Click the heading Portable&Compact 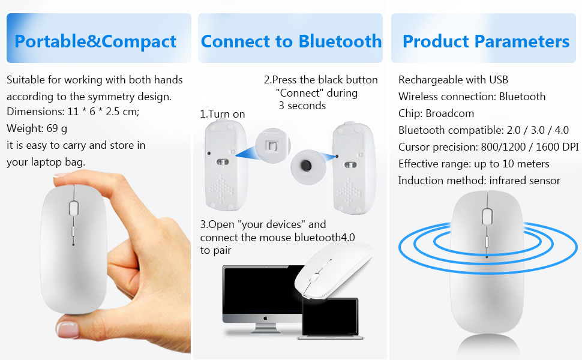click(95, 41)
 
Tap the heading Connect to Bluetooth click(291, 41)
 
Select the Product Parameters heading click(486, 41)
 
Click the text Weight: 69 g click(37, 128)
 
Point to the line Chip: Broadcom click(436, 113)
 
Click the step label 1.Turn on click(223, 114)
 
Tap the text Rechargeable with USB click(453, 79)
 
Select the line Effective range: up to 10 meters click(473, 164)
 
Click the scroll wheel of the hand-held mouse click(73, 208)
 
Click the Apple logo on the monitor click(265, 319)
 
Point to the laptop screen click(330, 317)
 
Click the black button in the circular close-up click(306, 166)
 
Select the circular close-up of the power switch click(272, 145)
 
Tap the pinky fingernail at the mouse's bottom click(68, 329)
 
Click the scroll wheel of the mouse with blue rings click(487, 217)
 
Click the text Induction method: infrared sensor click(479, 181)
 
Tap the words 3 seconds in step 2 click(302, 106)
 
